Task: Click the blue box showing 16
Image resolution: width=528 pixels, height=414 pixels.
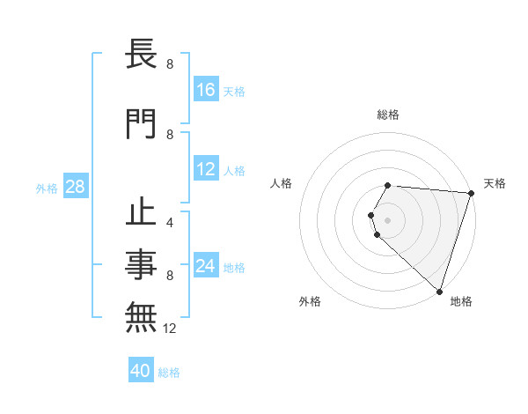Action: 206,90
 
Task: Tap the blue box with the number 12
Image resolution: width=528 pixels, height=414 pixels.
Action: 206,170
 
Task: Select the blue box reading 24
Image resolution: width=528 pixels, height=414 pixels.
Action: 206,266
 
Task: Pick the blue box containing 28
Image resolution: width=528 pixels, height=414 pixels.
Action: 75,187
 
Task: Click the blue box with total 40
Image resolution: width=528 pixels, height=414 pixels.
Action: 141,372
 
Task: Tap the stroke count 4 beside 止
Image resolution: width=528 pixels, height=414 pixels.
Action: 170,223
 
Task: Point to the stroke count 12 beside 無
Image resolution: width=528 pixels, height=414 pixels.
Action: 171,329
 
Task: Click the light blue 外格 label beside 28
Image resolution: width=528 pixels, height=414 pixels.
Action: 47,188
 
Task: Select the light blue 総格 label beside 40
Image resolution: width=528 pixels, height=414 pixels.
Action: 170,373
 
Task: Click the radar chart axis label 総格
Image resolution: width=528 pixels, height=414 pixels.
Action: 388,115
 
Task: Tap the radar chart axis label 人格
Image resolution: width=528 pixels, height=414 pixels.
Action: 282,183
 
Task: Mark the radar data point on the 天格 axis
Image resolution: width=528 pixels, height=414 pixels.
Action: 471,193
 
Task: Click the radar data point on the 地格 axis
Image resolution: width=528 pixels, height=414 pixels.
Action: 439,291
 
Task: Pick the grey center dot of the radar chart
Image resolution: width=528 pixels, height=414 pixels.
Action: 388,220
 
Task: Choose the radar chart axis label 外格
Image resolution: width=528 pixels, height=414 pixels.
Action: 310,301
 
